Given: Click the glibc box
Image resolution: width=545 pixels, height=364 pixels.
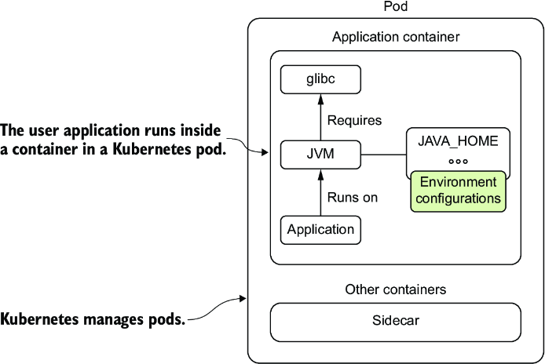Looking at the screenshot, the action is point(320,79).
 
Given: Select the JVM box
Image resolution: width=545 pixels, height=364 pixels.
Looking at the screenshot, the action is point(320,155).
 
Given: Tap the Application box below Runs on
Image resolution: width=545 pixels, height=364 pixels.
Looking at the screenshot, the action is point(320,230).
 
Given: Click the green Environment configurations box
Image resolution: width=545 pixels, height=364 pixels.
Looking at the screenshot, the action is point(458,191).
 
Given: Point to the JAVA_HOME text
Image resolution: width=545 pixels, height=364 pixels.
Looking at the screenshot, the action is point(458,141).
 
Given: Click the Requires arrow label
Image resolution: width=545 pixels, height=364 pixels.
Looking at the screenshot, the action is point(354,121).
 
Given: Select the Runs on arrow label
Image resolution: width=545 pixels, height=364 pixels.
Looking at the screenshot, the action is point(352,197).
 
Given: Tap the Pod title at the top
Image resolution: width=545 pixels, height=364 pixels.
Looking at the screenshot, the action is point(396,6).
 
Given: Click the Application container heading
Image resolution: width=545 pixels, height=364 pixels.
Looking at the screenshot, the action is point(396,37).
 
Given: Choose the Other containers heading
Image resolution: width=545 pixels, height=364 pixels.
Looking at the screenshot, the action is point(396,289).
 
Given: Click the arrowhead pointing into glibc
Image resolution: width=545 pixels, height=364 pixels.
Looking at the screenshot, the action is point(320,99).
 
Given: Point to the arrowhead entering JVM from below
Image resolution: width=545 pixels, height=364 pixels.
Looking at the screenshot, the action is point(320,174).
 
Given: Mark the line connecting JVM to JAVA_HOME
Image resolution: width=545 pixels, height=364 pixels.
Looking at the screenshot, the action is point(384,155).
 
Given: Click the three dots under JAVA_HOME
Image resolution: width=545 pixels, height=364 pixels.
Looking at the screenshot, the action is point(458,161).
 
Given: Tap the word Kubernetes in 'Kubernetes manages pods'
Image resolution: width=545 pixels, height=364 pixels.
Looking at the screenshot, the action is point(39,318).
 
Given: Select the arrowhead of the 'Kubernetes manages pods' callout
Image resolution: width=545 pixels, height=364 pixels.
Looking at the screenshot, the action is point(243,298).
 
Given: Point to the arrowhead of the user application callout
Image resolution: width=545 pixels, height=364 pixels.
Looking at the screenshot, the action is point(265,152).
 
